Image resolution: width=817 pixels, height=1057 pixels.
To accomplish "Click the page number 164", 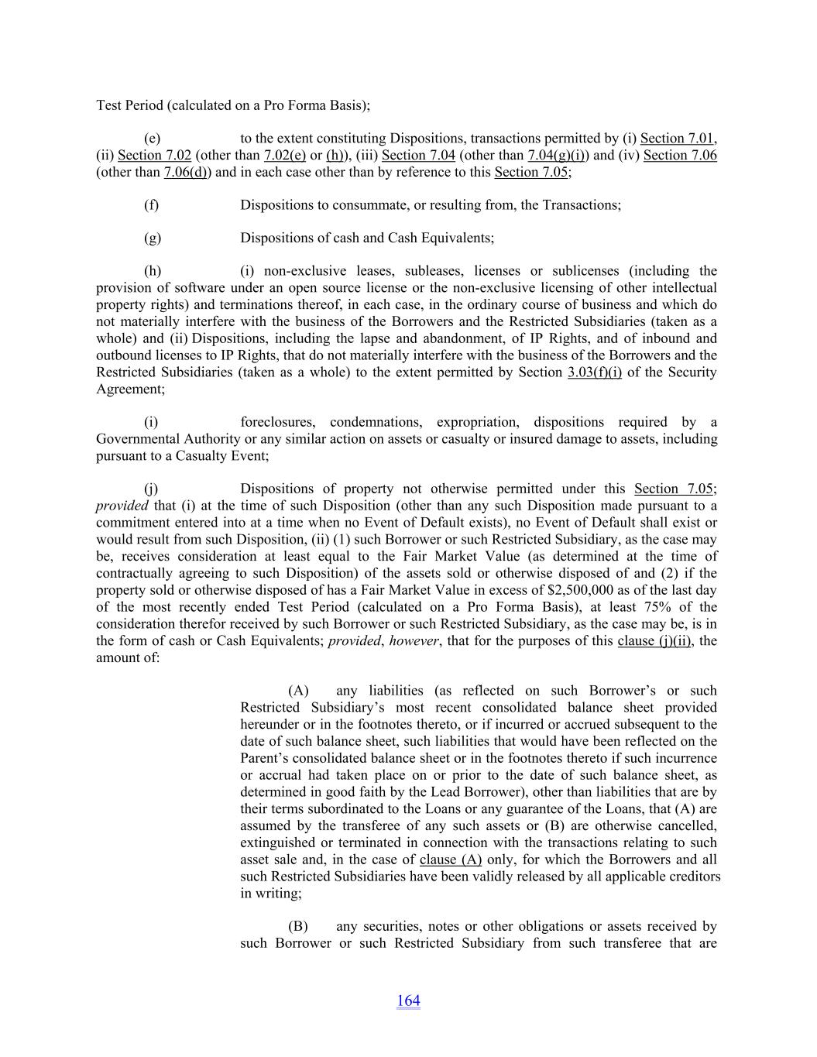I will click(408, 1000).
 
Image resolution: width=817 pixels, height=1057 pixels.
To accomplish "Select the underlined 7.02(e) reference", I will click(285, 155).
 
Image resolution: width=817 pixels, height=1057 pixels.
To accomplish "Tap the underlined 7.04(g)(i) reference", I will click(556, 155).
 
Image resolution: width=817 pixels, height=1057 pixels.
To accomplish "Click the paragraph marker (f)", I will click(152, 205).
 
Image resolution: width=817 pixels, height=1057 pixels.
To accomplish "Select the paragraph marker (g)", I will click(153, 239).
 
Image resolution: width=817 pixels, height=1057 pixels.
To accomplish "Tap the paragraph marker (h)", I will click(153, 271).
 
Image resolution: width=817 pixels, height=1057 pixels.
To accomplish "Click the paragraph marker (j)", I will click(152, 489).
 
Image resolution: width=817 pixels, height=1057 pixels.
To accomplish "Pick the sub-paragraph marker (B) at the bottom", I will click(298, 927).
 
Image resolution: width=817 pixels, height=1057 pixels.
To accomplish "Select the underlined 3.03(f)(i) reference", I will click(594, 372).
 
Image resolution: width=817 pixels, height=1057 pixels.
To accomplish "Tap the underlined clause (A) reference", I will click(451, 860).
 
